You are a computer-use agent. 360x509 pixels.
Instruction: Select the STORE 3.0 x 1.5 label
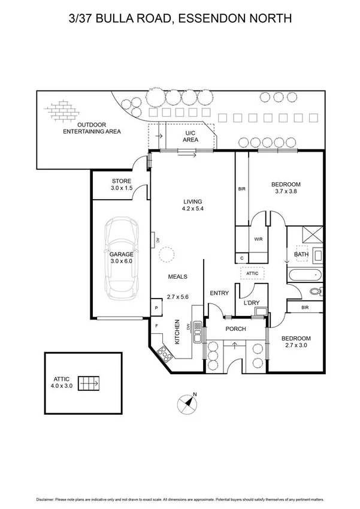[x=122, y=185]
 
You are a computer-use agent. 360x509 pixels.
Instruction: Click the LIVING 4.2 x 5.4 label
[x=193, y=205]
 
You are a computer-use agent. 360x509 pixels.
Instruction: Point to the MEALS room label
[x=178, y=277]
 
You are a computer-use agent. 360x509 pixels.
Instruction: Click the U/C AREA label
[x=190, y=135]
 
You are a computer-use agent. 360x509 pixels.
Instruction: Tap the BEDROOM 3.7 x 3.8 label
[x=286, y=188]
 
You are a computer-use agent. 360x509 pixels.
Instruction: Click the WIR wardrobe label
[x=259, y=239]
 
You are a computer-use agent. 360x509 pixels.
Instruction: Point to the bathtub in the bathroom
[x=305, y=276]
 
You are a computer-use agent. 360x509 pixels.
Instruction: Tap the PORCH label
[x=236, y=329]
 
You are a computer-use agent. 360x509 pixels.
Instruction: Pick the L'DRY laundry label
[x=251, y=303]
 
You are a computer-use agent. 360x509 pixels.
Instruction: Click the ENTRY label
[x=219, y=293]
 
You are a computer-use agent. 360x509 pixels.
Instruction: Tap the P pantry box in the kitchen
[x=156, y=308]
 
